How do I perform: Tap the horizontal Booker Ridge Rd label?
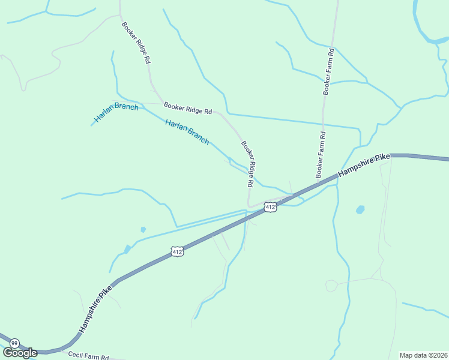(188, 108)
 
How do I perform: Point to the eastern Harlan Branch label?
(187, 132)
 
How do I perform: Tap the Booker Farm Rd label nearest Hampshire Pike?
(320, 154)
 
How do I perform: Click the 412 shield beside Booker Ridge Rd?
(270, 207)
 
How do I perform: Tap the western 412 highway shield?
(176, 252)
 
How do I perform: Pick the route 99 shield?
(14, 343)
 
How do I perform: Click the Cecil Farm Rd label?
(88, 356)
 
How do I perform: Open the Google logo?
(20, 353)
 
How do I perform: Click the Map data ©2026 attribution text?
(423, 355)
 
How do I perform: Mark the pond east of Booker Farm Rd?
(360, 210)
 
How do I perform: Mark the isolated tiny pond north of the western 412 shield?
(143, 229)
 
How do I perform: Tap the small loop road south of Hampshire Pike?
(331, 286)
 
